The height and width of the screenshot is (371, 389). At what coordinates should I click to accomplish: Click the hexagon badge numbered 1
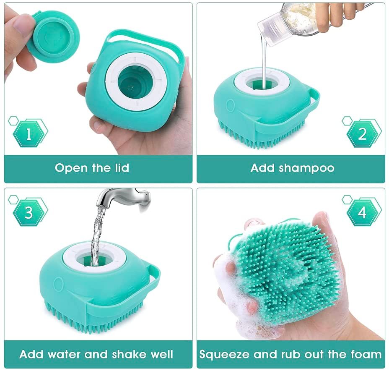coord(29,134)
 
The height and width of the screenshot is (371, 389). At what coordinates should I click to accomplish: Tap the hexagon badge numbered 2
coord(362,134)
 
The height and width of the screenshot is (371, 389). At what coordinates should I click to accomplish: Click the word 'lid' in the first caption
coord(120,168)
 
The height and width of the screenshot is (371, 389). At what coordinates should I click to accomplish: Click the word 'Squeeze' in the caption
coord(223,354)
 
